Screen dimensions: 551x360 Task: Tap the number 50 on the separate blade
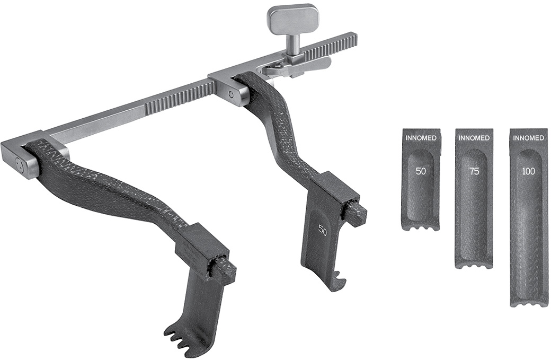pos(421,171)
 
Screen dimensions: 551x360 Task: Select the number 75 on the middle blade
pos(474,171)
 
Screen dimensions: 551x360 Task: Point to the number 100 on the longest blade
pos(529,171)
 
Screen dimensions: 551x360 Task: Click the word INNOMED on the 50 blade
pos(421,138)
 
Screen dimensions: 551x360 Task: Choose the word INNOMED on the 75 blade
pos(474,138)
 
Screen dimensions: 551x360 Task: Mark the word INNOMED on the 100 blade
pos(528,138)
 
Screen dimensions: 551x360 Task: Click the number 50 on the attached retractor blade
pos(323,229)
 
